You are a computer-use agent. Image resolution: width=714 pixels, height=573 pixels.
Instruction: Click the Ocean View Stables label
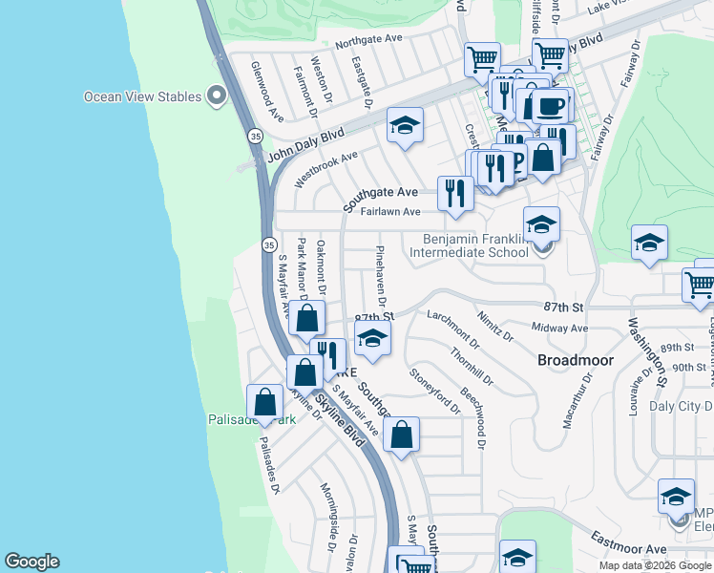(142, 96)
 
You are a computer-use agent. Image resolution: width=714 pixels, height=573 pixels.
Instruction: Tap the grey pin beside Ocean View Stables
(217, 95)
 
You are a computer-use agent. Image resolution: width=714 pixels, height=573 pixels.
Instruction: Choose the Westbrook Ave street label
(325, 167)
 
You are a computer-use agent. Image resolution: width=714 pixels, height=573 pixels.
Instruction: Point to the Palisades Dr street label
(269, 471)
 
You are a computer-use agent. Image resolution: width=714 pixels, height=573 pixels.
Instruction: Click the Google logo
(31, 562)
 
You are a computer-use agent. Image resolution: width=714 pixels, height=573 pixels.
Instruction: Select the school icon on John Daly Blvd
(405, 125)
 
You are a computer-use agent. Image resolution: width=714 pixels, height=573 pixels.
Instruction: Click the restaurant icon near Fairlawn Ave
(455, 193)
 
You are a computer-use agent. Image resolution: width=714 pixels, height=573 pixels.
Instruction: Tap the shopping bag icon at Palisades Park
(264, 401)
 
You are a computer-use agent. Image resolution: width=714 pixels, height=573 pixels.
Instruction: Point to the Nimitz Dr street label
(496, 324)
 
